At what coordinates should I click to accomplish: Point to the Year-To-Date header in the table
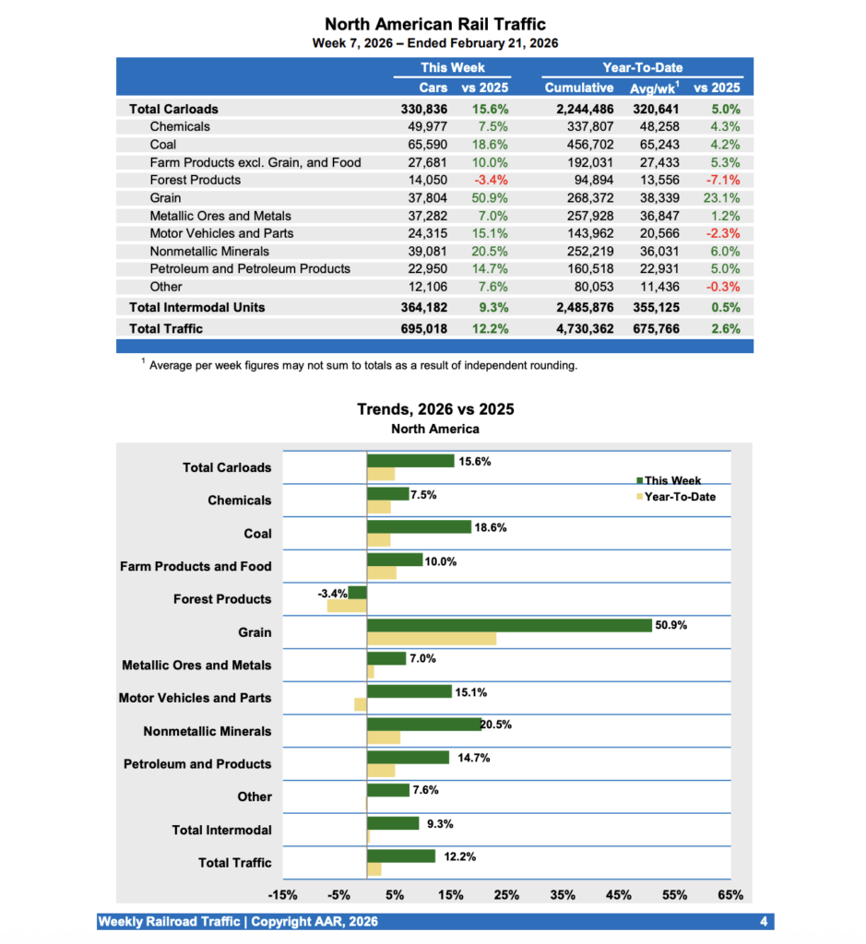click(x=642, y=68)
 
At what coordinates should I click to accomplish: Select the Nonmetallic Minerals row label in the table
click(x=209, y=252)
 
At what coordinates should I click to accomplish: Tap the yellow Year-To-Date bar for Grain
click(x=432, y=639)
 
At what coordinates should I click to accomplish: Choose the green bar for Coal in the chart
click(x=419, y=526)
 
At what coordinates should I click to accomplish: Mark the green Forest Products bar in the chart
click(x=357, y=593)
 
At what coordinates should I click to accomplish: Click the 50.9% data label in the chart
click(x=670, y=625)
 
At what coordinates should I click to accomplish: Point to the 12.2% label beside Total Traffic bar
click(x=460, y=856)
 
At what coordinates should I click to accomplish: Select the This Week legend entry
click(x=672, y=480)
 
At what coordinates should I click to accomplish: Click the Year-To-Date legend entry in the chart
click(x=679, y=497)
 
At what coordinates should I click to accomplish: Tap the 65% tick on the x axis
click(x=730, y=895)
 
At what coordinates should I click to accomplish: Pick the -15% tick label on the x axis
click(x=281, y=895)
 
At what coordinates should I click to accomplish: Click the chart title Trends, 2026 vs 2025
click(x=435, y=409)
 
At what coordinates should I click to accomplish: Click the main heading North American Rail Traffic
click(x=435, y=24)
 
